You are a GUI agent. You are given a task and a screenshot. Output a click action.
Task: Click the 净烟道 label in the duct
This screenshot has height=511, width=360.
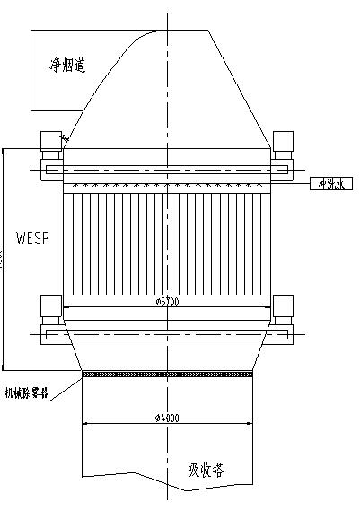[67, 65]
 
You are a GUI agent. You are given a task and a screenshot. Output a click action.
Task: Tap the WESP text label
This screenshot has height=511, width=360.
[31, 239]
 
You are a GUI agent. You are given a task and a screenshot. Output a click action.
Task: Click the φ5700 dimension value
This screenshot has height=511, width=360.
[167, 302]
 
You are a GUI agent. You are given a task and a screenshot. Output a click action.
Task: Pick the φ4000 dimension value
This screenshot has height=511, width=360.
[166, 418]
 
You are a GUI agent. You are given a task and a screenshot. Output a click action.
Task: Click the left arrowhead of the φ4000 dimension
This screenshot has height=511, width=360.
[85, 423]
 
